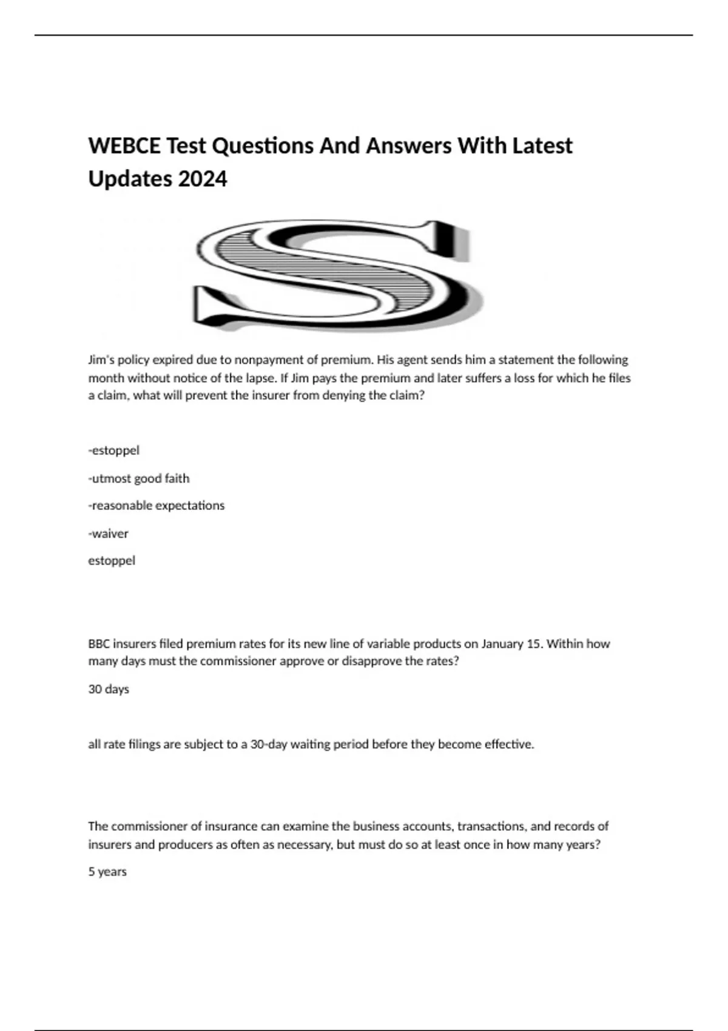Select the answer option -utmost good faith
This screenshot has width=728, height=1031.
click(139, 479)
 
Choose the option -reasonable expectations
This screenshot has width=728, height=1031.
click(157, 505)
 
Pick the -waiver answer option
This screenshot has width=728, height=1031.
click(109, 534)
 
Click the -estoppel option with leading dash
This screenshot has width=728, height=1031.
click(114, 451)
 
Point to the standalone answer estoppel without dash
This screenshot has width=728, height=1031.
click(112, 560)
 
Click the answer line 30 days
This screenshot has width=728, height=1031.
click(109, 689)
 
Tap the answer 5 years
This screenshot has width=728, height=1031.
click(107, 871)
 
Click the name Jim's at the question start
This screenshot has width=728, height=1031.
click(101, 360)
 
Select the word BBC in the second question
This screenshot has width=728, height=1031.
click(99, 643)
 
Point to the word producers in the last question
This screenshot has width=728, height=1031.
click(186, 844)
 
